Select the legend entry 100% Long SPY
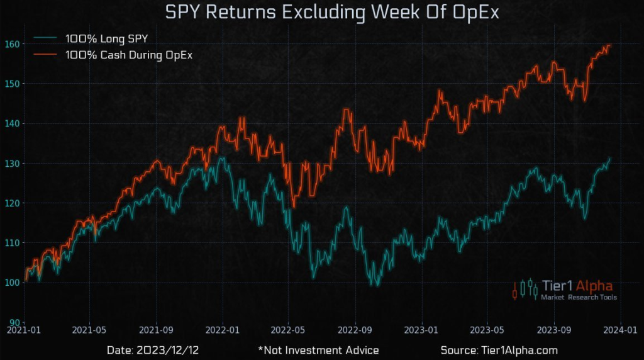point(107,39)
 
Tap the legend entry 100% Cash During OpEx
point(129,55)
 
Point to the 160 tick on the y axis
point(13,43)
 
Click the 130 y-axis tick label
point(13,163)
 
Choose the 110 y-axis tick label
point(13,242)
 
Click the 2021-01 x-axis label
point(23,330)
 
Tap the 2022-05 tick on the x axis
point(288,330)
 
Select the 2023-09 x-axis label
point(554,330)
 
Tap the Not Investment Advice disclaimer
point(318,350)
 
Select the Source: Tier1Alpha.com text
point(499,350)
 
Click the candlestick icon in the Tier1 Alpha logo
point(525,289)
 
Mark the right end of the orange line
point(611,45)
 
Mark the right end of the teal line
point(610,158)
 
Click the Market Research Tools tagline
point(580,298)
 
